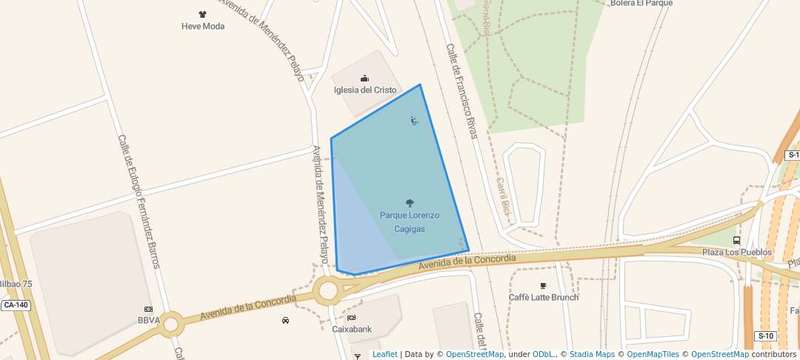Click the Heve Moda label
(203, 26)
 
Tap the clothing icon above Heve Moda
(203, 14)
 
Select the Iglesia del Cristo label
(365, 90)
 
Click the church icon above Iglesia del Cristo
(364, 78)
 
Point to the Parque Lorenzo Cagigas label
(410, 222)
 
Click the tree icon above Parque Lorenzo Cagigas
(410, 203)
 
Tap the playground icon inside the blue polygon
(414, 121)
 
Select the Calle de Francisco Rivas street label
(461, 91)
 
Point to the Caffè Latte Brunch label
(544, 297)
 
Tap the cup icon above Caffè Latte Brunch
(544, 285)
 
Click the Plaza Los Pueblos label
(737, 252)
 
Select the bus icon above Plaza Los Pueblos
(736, 240)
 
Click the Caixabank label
(352, 329)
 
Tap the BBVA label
(149, 321)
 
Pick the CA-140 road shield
(16, 305)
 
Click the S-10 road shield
(765, 336)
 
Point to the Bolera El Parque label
(641, 3)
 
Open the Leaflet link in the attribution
(384, 354)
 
